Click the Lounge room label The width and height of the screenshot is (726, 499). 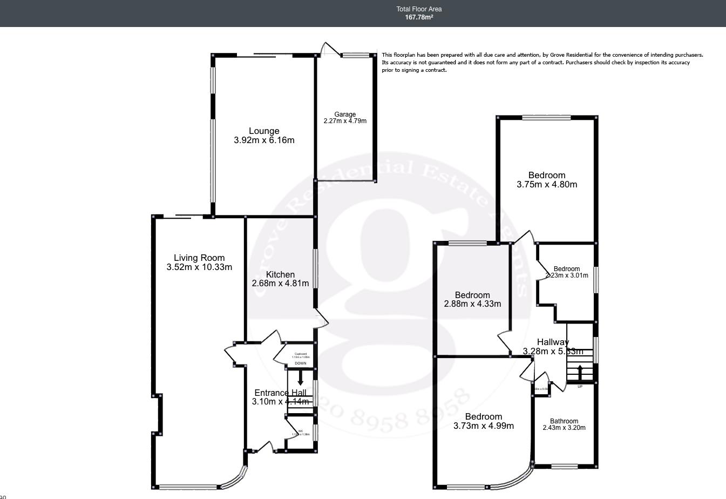pos(264,131)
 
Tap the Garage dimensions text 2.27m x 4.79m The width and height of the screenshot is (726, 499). pos(345,121)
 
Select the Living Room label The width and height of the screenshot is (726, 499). pos(199,258)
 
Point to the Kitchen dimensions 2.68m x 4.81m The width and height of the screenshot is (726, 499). pos(280,284)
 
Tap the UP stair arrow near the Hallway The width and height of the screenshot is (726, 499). pos(580,373)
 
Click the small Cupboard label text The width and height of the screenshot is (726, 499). pos(301,354)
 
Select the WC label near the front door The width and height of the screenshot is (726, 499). pos(301,431)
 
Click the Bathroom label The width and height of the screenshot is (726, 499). pos(564,421)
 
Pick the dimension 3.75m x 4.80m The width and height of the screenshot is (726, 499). pos(547,185)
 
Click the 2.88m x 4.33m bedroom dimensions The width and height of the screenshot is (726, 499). pos(472,304)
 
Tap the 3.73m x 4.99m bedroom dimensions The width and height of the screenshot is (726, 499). pos(484,426)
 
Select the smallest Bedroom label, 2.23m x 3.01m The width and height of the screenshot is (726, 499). pos(567,269)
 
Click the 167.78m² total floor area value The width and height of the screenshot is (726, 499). pos(419,17)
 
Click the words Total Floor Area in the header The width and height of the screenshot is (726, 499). pos(419,9)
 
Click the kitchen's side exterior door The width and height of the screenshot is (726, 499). pos(322,319)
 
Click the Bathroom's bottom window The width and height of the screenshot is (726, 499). pos(565,466)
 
